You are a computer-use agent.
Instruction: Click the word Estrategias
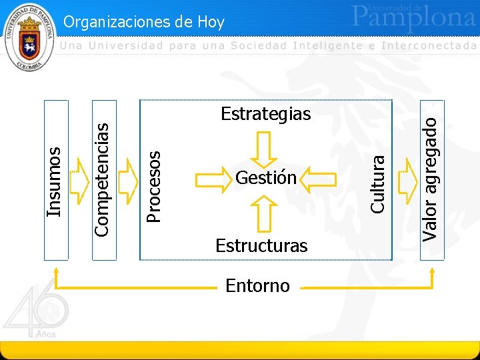point(265,114)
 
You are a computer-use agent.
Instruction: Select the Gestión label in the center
point(265,178)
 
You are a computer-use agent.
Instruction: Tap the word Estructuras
point(261,245)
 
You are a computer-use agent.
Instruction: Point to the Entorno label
point(257,286)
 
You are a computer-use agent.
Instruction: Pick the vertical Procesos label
point(153,186)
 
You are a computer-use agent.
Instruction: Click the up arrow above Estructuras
point(265,213)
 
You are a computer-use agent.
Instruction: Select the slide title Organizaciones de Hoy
point(144,22)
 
